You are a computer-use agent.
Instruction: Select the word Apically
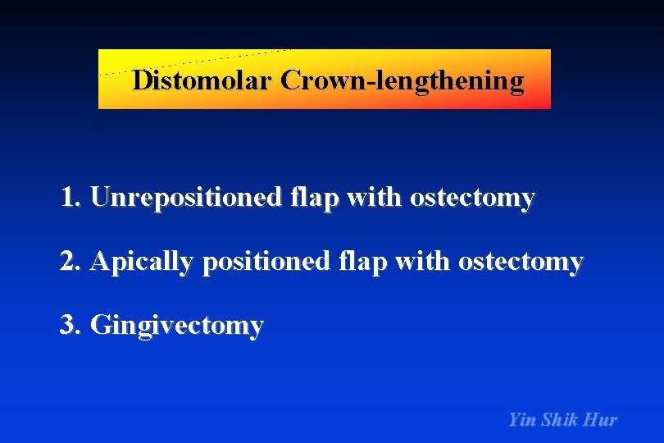click(x=141, y=262)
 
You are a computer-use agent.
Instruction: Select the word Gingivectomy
click(x=177, y=326)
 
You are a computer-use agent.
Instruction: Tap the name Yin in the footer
click(x=522, y=420)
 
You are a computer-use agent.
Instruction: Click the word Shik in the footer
click(x=560, y=420)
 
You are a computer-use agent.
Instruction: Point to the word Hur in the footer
click(x=601, y=420)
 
